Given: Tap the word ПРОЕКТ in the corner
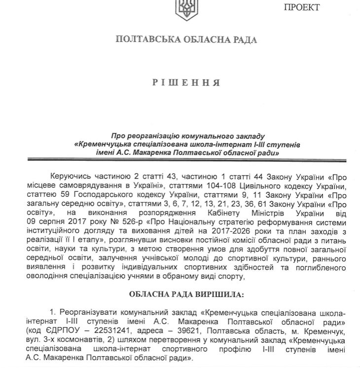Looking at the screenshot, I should pos(300,7).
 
